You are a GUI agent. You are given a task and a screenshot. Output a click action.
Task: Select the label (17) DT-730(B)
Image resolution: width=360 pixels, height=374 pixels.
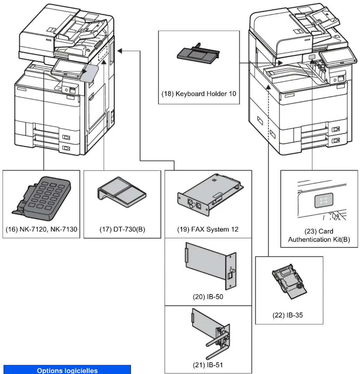(x=122, y=230)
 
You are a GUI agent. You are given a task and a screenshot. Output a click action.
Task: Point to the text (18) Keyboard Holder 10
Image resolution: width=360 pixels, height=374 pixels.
(x=199, y=94)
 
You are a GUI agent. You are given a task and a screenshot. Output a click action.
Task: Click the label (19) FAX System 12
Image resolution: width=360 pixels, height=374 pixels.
(x=208, y=230)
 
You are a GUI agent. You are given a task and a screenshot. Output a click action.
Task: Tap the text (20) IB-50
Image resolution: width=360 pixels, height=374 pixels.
(x=208, y=297)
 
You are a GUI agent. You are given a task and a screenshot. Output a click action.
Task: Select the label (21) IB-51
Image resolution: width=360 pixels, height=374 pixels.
(x=208, y=365)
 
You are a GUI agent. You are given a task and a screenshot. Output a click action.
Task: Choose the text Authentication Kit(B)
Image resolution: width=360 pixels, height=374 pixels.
(x=319, y=239)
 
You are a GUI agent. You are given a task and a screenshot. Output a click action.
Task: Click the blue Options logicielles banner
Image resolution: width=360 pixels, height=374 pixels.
(x=67, y=370)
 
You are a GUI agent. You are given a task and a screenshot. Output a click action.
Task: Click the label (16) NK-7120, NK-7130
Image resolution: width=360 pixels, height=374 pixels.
(x=41, y=230)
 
